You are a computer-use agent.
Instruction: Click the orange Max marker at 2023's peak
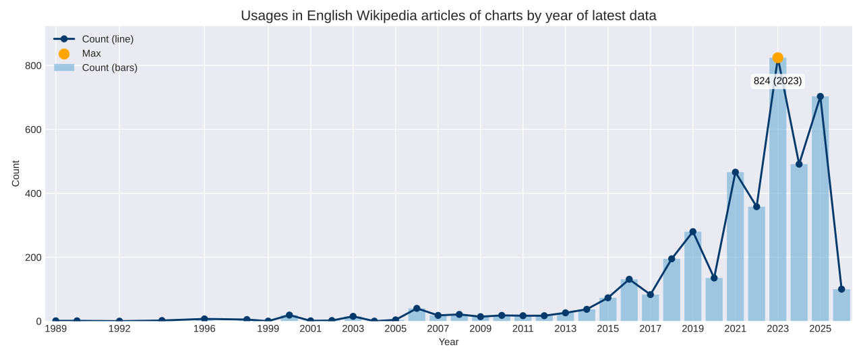click(777, 58)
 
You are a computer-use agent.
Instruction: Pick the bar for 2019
click(692, 276)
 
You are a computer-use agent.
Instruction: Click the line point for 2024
click(799, 164)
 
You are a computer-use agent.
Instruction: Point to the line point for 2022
click(756, 207)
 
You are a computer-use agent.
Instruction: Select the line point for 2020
click(714, 278)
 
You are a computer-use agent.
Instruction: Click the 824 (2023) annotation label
click(777, 81)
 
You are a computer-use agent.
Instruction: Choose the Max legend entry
click(92, 53)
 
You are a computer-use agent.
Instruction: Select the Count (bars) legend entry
click(110, 67)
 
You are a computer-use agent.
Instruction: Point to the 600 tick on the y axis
click(34, 129)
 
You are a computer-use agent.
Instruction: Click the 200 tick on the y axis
click(34, 258)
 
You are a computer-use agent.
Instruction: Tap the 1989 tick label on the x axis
click(56, 329)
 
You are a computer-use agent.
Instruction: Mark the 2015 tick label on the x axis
click(607, 329)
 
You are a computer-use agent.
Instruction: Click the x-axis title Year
click(448, 342)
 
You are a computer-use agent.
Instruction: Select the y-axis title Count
click(16, 173)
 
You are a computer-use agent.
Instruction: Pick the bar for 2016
click(629, 300)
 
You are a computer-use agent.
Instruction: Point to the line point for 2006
click(417, 309)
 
